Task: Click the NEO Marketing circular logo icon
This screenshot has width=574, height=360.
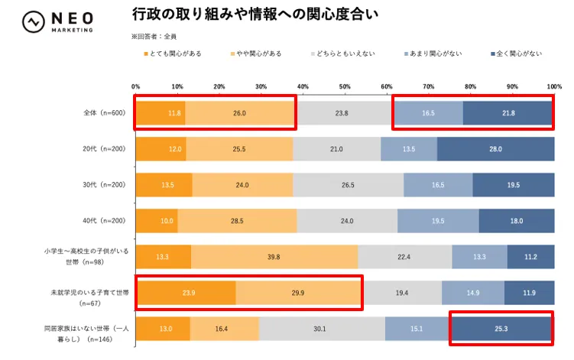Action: (x=33, y=21)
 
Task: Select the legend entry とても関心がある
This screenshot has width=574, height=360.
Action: (x=175, y=54)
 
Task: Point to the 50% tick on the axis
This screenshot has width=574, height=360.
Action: (x=345, y=86)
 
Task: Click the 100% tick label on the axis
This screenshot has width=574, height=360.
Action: (x=554, y=86)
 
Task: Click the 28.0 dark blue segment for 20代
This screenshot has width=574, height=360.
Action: (x=495, y=148)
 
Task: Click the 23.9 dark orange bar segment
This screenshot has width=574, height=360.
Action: (x=186, y=292)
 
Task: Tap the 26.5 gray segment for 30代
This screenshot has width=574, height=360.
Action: (x=348, y=184)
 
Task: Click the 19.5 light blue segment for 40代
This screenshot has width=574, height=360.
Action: (x=438, y=220)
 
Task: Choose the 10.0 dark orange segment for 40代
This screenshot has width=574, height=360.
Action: (x=157, y=220)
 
